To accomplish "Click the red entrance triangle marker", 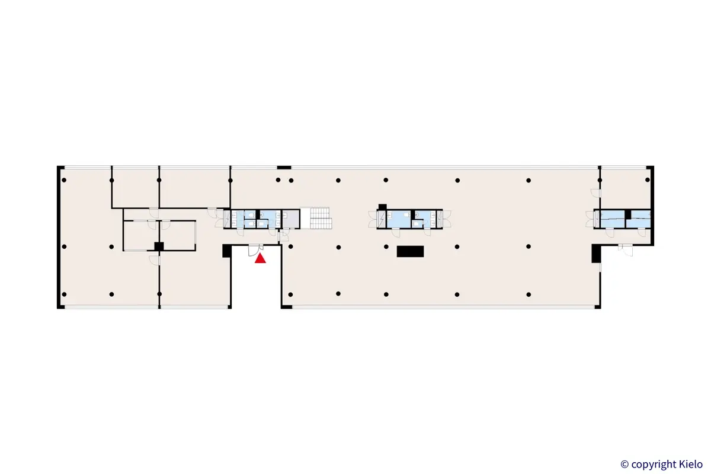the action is click(260, 258).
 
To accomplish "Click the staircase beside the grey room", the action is click(321, 218).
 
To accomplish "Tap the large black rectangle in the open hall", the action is click(410, 251).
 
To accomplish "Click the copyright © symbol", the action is click(624, 465).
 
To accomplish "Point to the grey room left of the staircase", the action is click(291, 219).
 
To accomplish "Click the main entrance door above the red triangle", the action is click(256, 250).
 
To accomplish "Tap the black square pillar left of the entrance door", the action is click(226, 251).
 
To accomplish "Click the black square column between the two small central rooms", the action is click(159, 246).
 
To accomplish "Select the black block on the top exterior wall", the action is click(284, 167).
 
